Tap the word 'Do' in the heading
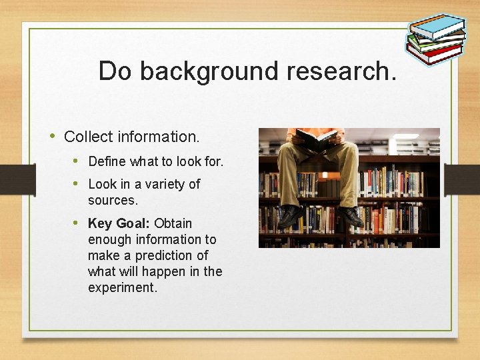pos(115,71)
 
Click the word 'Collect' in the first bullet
pos(88,137)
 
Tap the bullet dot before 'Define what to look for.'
pos(77,161)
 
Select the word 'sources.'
pos(113,200)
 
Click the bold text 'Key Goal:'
pos(119,223)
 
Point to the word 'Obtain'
pos(173,223)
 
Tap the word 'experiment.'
pos(123,287)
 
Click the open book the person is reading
pos(316,138)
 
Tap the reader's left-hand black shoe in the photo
pos(289,215)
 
